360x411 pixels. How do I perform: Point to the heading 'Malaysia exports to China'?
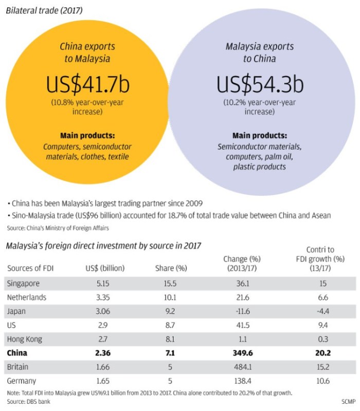tap(260, 52)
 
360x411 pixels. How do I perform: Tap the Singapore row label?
tap(24, 283)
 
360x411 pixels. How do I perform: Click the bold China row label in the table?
tap(17, 353)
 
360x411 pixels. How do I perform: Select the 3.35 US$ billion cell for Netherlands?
tap(96, 297)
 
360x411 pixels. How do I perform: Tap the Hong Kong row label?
tap(25, 339)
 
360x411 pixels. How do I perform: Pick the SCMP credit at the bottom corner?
tap(347, 401)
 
